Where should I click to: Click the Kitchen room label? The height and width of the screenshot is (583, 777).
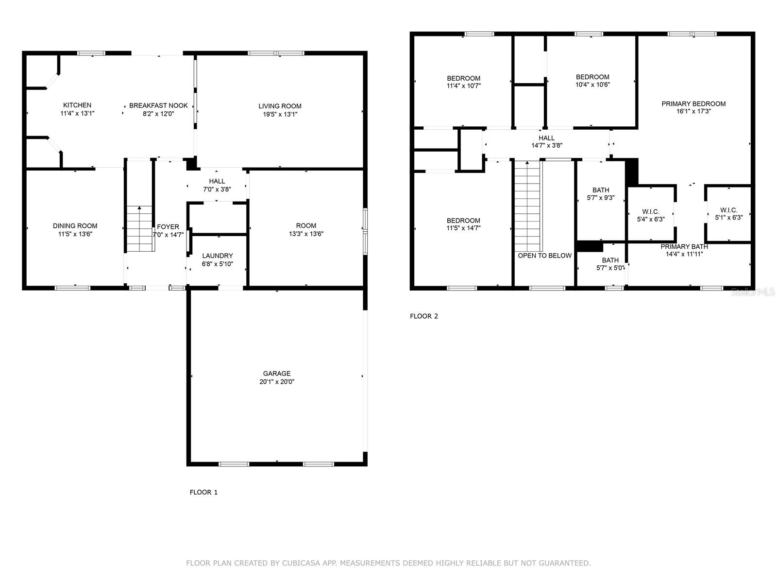pos(77,105)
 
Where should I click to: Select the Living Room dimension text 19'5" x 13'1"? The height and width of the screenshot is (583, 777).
pos(280,115)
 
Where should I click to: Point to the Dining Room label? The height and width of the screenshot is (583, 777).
pos(75,226)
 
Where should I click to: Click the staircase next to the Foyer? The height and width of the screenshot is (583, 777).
pos(140,228)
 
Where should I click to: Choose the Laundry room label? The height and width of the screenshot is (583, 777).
pos(217,256)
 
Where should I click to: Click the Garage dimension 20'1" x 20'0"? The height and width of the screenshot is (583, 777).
pos(277,382)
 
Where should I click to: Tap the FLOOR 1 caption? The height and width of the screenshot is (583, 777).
pos(203,492)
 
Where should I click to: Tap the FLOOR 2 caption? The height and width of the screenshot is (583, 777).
pos(424,316)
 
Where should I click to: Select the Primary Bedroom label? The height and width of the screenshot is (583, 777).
pos(693,103)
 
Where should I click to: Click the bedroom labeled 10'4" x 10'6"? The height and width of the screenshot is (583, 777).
pos(592,81)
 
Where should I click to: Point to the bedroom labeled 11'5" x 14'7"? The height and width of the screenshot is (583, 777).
pos(463,224)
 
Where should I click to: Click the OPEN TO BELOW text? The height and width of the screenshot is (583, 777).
pos(544,256)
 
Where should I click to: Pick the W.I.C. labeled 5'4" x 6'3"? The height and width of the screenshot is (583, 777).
pos(651,215)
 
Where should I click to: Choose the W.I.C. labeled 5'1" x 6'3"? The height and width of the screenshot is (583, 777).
pos(728,214)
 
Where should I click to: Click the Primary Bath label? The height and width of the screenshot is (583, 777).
pos(684,247)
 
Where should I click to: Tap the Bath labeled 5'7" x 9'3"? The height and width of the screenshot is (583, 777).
pos(601,194)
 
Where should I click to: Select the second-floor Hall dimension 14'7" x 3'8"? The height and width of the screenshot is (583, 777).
pos(546,145)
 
